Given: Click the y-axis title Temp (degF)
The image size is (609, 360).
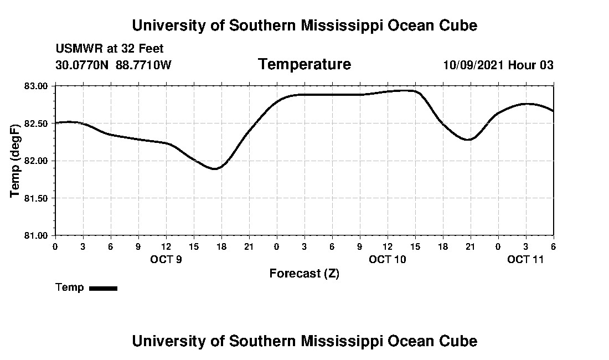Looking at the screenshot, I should [16, 160].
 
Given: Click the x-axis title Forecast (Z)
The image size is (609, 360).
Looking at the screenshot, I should [304, 274].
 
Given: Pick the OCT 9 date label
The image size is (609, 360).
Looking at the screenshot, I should [166, 259].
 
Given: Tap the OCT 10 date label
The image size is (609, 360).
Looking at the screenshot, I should [388, 259].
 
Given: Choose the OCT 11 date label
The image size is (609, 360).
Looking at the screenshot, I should [525, 259].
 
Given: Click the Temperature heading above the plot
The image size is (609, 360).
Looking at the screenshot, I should [304, 65].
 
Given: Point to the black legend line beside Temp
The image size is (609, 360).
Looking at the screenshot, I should [103, 288].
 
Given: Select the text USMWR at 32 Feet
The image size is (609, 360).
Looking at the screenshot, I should [109, 49].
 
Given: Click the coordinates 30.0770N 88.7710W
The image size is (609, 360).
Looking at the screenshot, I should [113, 65].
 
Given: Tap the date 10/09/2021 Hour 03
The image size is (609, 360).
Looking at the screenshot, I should [498, 65].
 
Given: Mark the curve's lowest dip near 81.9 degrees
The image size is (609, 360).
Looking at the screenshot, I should [215, 168].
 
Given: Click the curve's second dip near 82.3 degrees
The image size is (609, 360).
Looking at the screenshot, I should [469, 140].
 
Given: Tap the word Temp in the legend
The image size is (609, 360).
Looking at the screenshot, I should [70, 287].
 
